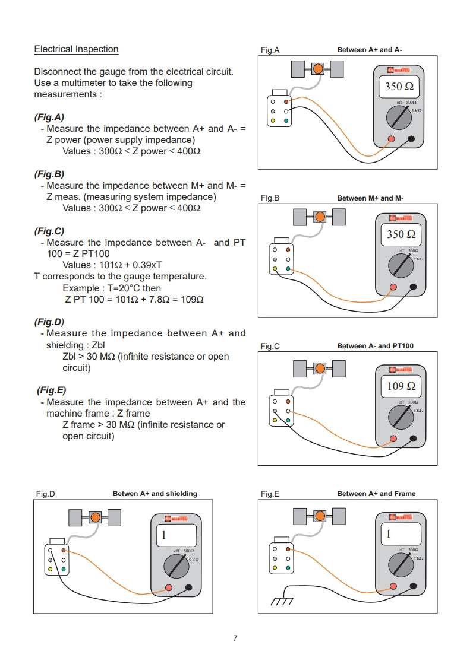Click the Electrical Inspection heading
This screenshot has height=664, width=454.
click(x=76, y=49)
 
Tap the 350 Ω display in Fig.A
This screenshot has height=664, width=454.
click(x=399, y=87)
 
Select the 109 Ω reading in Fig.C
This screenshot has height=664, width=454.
click(x=401, y=386)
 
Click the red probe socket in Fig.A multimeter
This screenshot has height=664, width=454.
click(x=392, y=140)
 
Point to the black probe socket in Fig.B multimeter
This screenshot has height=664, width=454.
click(x=414, y=288)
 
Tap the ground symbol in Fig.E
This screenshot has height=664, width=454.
click(x=282, y=602)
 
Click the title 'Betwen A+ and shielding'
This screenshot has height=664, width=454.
click(x=155, y=494)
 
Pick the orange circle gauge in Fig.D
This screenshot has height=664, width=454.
click(x=95, y=518)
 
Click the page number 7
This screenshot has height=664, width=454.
click(x=235, y=638)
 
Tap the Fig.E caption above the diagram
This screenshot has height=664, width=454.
click(x=270, y=494)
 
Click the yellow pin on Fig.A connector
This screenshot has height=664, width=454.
click(x=273, y=121)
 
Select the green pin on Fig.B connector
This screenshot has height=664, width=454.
click(x=288, y=269)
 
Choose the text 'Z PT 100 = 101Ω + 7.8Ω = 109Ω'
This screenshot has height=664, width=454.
click(x=134, y=300)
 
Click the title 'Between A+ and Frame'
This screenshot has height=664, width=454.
click(x=376, y=494)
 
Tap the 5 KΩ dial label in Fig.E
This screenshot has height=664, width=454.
click(x=419, y=558)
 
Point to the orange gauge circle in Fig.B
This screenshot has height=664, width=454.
click(x=320, y=217)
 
